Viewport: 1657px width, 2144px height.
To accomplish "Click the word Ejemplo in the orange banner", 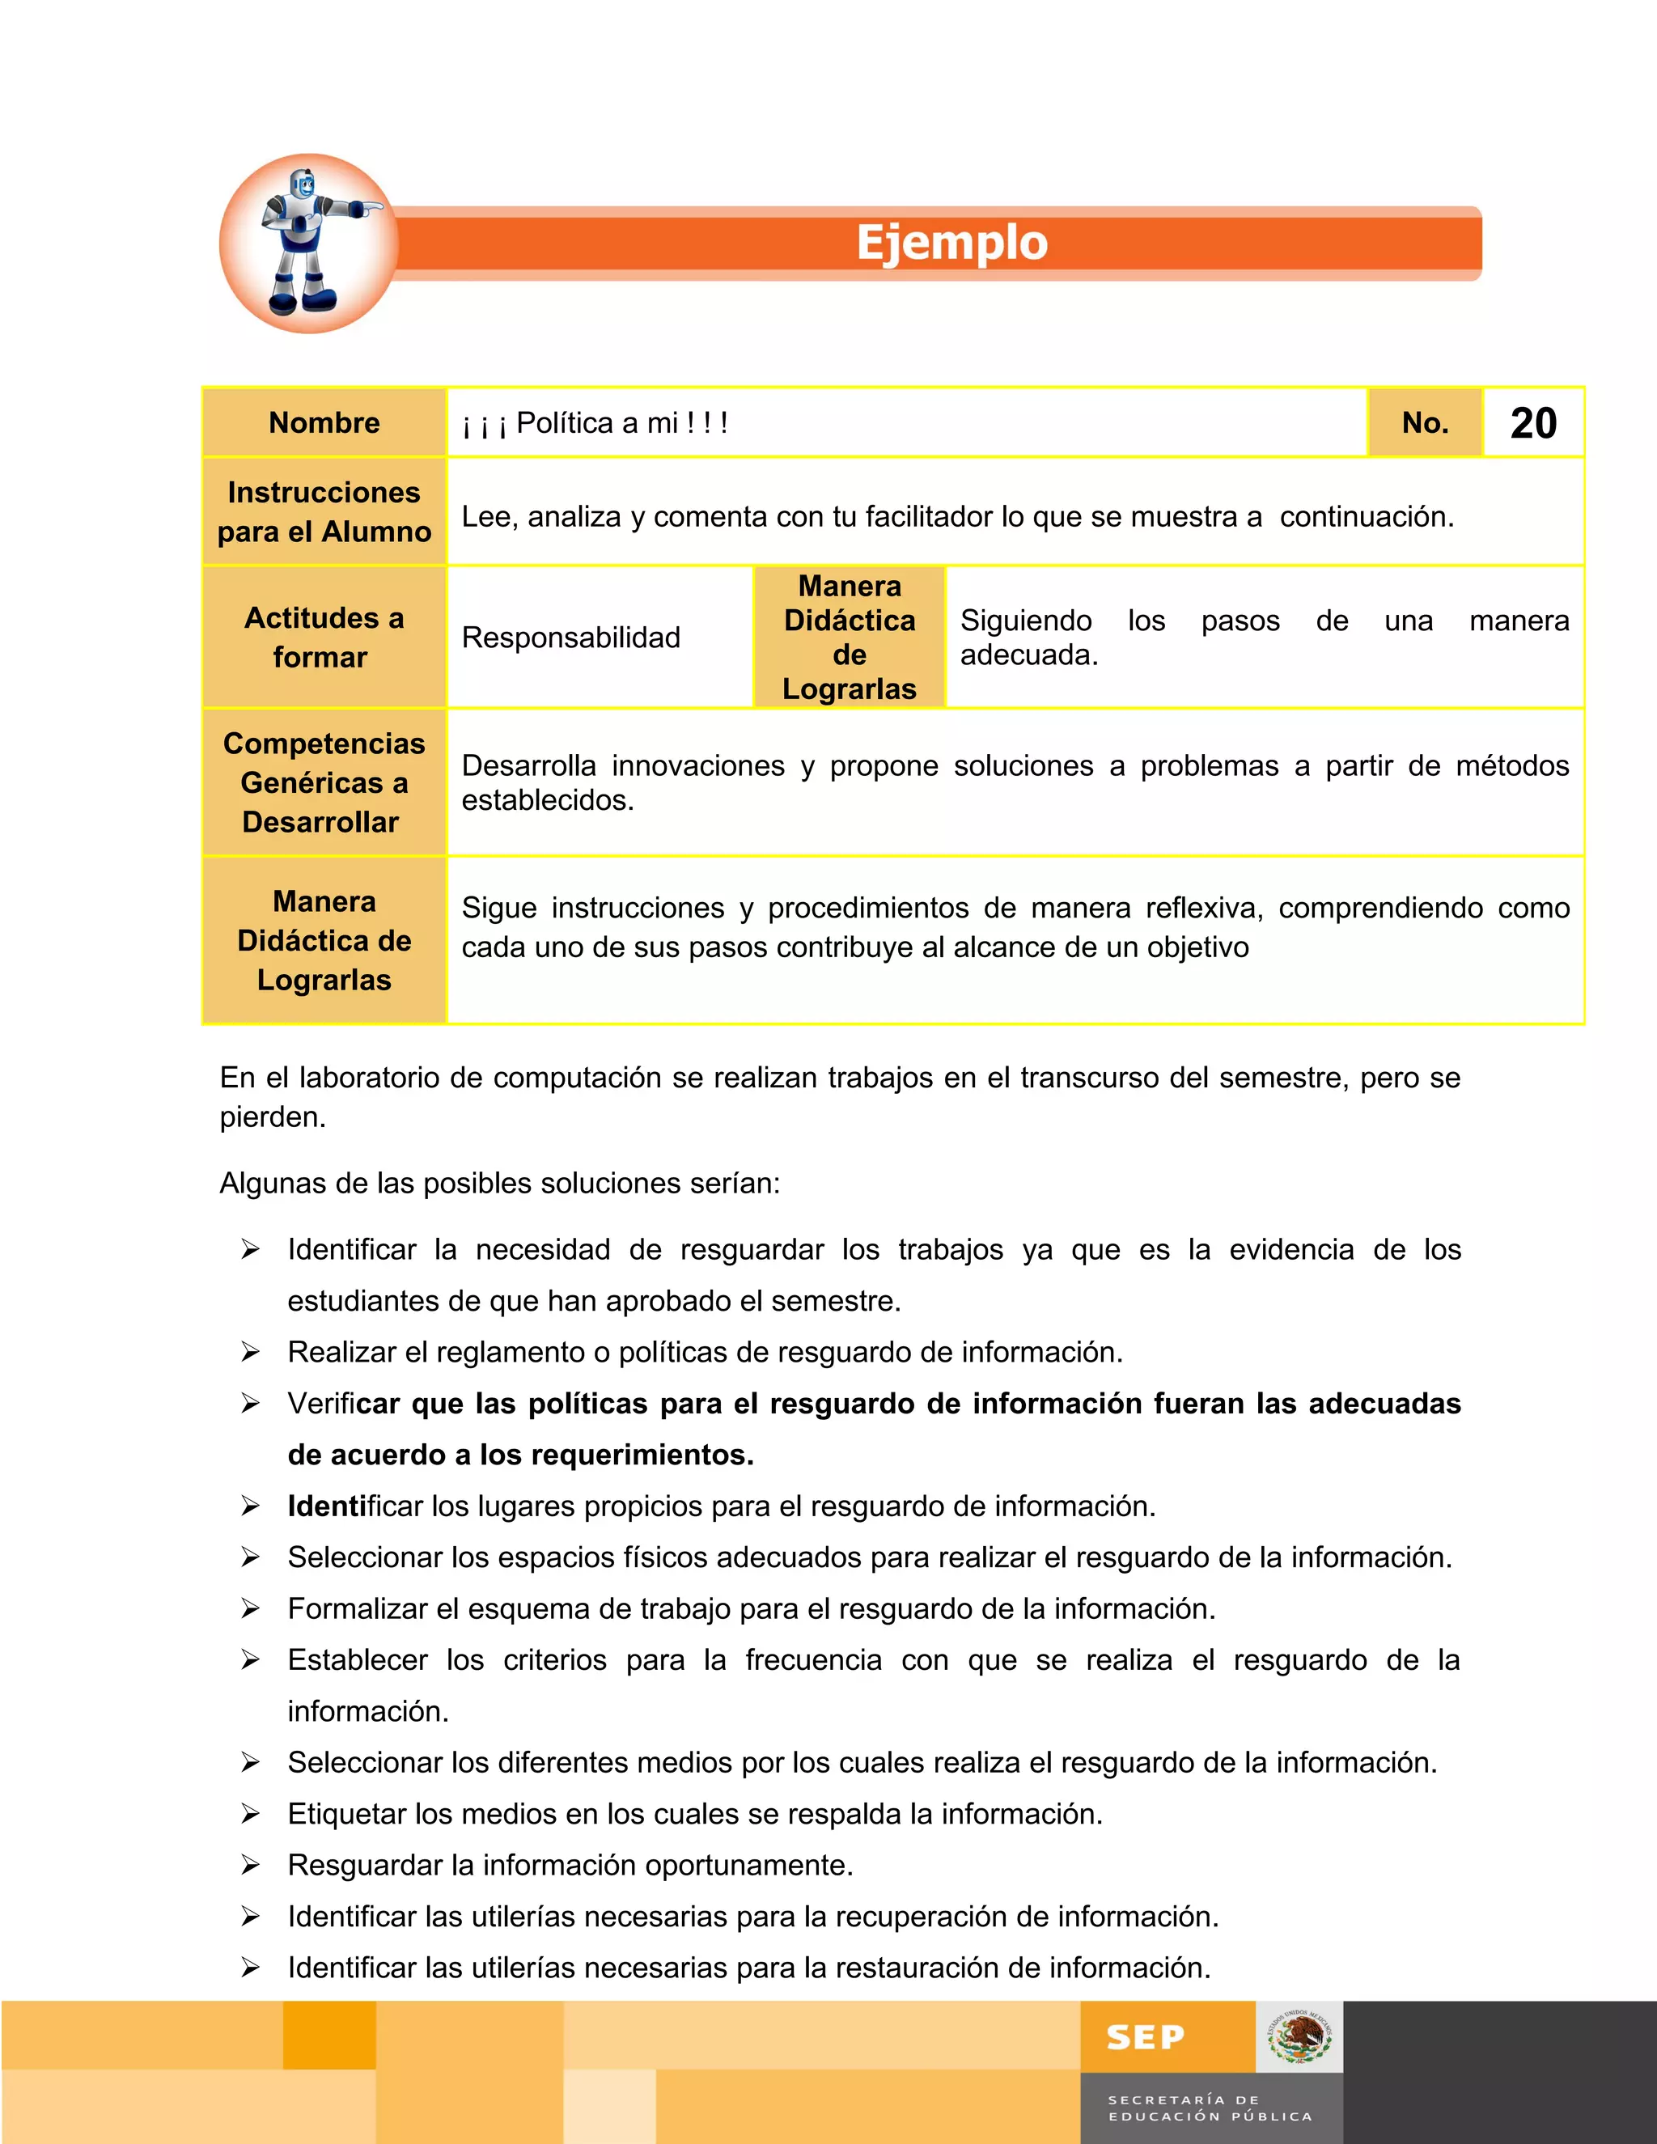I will tap(951, 243).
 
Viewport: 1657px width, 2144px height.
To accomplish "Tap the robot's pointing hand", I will tap(372, 208).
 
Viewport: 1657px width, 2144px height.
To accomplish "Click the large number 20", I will tap(1532, 423).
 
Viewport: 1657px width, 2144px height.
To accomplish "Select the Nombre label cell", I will tap(324, 423).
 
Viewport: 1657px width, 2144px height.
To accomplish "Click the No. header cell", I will tap(1424, 423).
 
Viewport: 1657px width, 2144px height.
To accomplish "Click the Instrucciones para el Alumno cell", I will tap(324, 511).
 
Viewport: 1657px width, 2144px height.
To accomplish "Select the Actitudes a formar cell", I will tap(324, 637).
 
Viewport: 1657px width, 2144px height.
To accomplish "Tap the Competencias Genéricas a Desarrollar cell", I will tap(324, 782).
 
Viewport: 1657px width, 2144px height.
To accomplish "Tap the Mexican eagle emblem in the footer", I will tap(1299, 2038).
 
